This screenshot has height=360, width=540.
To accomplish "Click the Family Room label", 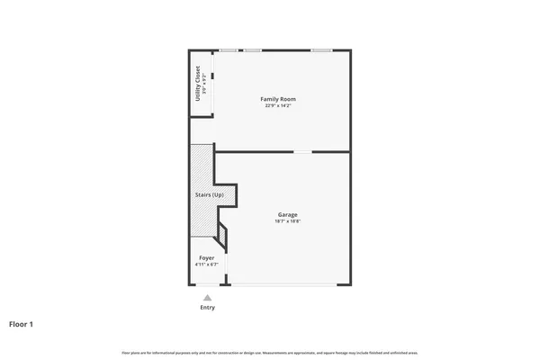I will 278,98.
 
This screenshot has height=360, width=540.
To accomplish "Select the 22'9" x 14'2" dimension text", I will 278,106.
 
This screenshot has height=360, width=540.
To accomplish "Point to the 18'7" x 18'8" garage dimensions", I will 288,221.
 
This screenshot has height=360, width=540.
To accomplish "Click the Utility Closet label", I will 198,83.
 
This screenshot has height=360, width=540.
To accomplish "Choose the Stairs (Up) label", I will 209,194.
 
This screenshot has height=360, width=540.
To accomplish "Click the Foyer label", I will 207,257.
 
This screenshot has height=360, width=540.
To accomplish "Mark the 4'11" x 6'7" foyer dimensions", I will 207,265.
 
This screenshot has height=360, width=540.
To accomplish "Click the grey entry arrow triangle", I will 207,297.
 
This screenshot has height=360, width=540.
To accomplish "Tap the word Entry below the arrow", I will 207,308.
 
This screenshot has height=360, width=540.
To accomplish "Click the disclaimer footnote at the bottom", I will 270,351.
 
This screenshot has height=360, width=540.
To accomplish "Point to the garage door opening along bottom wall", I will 283,285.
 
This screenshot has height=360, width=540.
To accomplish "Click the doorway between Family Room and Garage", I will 303,151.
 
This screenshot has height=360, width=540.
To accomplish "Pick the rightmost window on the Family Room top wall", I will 321,49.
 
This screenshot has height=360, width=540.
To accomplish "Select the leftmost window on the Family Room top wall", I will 229,49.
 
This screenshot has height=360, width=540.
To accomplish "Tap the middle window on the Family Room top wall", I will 253,49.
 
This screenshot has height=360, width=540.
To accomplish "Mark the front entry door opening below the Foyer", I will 207,285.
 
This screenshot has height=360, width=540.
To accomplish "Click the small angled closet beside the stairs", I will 222,238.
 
